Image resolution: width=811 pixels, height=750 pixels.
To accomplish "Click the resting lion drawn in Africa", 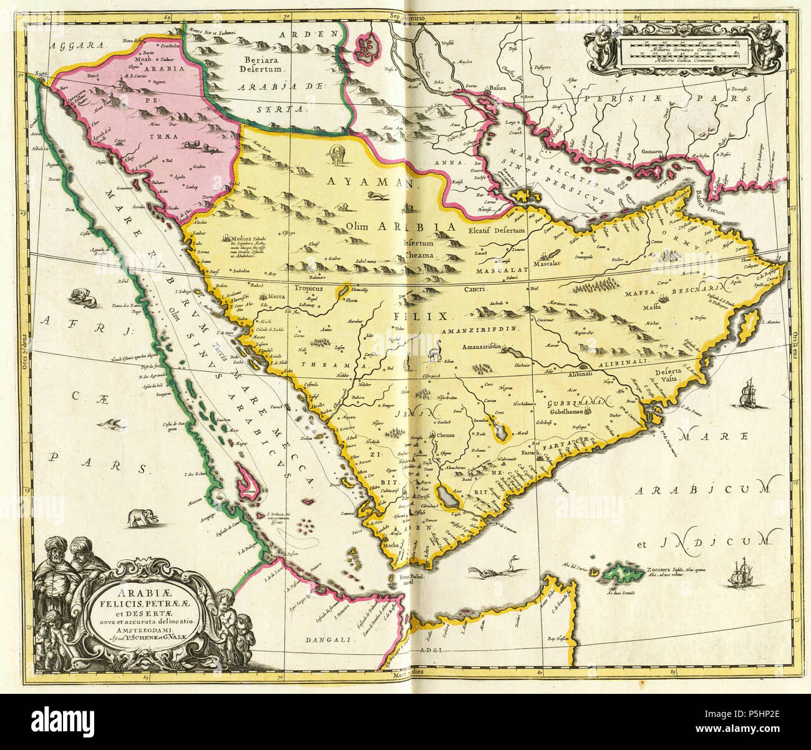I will click(x=82, y=297).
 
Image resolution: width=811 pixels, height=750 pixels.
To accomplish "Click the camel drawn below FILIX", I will click(x=434, y=351).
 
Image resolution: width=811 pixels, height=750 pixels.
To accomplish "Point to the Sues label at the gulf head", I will click(x=41, y=74).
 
